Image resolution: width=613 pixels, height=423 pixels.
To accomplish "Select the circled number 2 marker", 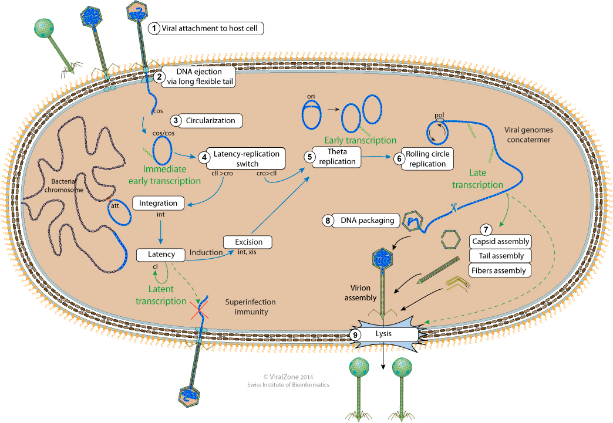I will pyautogui.click(x=159, y=76).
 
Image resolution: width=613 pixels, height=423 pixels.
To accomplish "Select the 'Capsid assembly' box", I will pyautogui.click(x=501, y=241).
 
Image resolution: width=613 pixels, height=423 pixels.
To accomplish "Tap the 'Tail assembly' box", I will pyautogui.click(x=501, y=256).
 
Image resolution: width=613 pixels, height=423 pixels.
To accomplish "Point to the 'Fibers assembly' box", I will pyautogui.click(x=501, y=270).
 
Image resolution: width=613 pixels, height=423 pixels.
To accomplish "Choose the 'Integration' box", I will pyautogui.click(x=159, y=204).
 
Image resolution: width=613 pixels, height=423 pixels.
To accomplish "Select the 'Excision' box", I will pyautogui.click(x=248, y=242).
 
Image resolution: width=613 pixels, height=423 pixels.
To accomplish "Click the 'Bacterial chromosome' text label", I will pyautogui.click(x=70, y=186).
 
